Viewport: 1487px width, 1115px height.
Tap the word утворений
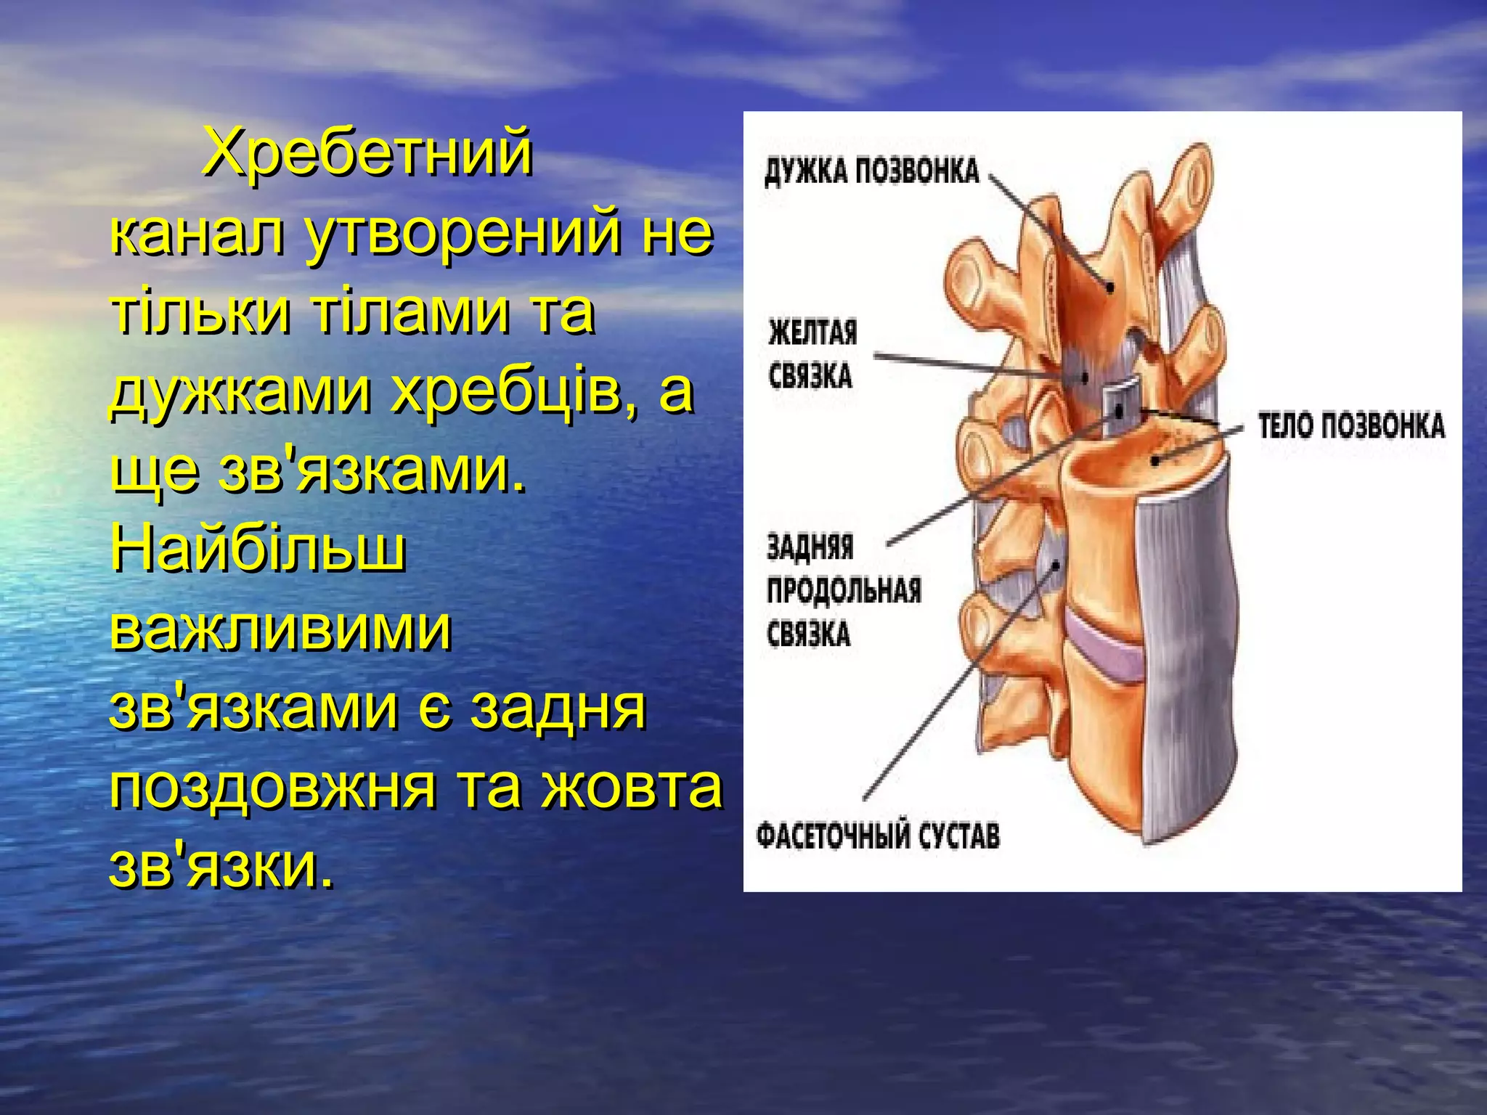[x=464, y=234]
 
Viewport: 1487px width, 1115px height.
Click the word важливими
[x=281, y=629]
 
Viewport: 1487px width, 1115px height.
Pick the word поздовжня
[x=274, y=788]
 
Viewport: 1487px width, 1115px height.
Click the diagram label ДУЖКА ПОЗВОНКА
[x=872, y=172]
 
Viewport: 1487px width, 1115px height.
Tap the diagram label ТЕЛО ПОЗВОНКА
[x=1351, y=426]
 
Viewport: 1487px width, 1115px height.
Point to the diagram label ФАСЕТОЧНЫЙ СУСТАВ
[x=878, y=836]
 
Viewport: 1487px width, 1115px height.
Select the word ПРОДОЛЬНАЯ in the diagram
[x=844, y=591]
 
